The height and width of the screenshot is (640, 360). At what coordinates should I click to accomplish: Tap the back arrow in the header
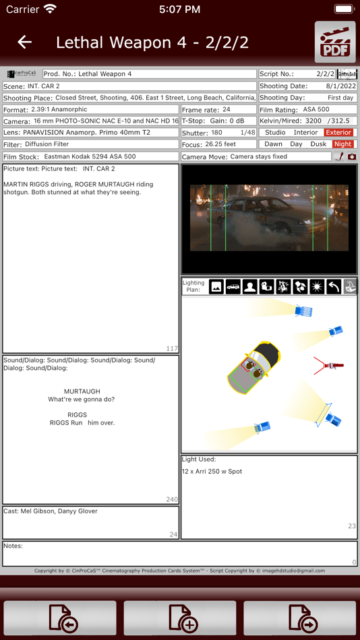point(25,42)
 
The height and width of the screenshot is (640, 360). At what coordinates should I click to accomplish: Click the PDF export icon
point(335,42)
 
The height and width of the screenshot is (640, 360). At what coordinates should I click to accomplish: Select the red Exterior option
point(338,133)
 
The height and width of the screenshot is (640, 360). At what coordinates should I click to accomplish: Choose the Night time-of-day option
point(342,144)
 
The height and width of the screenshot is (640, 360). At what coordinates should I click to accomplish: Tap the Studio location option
point(275,133)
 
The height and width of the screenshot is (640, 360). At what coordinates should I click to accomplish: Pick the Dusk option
point(318,144)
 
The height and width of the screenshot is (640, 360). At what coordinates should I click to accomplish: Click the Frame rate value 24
point(227,109)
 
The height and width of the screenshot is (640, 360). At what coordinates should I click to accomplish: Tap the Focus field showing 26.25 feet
point(220,144)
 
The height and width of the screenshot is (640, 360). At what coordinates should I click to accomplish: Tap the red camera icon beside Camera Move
point(351,156)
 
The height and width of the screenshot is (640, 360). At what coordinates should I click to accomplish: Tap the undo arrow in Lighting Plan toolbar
point(334,287)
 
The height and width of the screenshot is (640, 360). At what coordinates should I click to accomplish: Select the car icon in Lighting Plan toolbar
point(233,287)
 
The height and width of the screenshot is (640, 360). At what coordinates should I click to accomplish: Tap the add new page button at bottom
point(180,618)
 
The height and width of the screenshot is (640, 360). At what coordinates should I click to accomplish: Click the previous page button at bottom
point(60,618)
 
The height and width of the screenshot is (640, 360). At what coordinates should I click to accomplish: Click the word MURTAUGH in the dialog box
point(82,391)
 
